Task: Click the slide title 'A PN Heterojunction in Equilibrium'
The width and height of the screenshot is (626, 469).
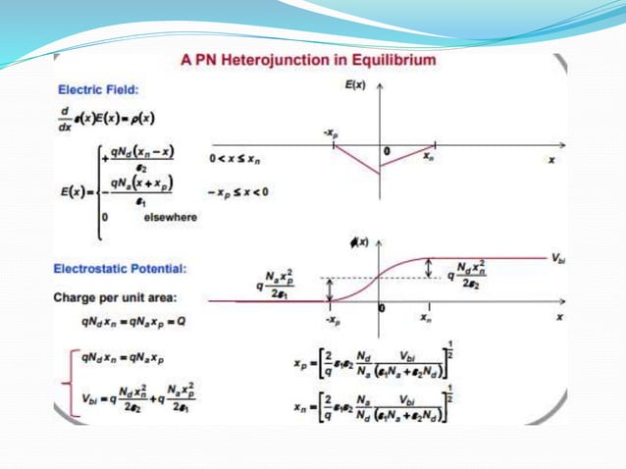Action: (309, 60)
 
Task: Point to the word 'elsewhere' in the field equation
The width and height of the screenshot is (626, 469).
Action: (171, 219)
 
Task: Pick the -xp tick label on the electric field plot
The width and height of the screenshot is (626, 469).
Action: (333, 131)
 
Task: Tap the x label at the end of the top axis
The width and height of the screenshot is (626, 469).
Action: (551, 158)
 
